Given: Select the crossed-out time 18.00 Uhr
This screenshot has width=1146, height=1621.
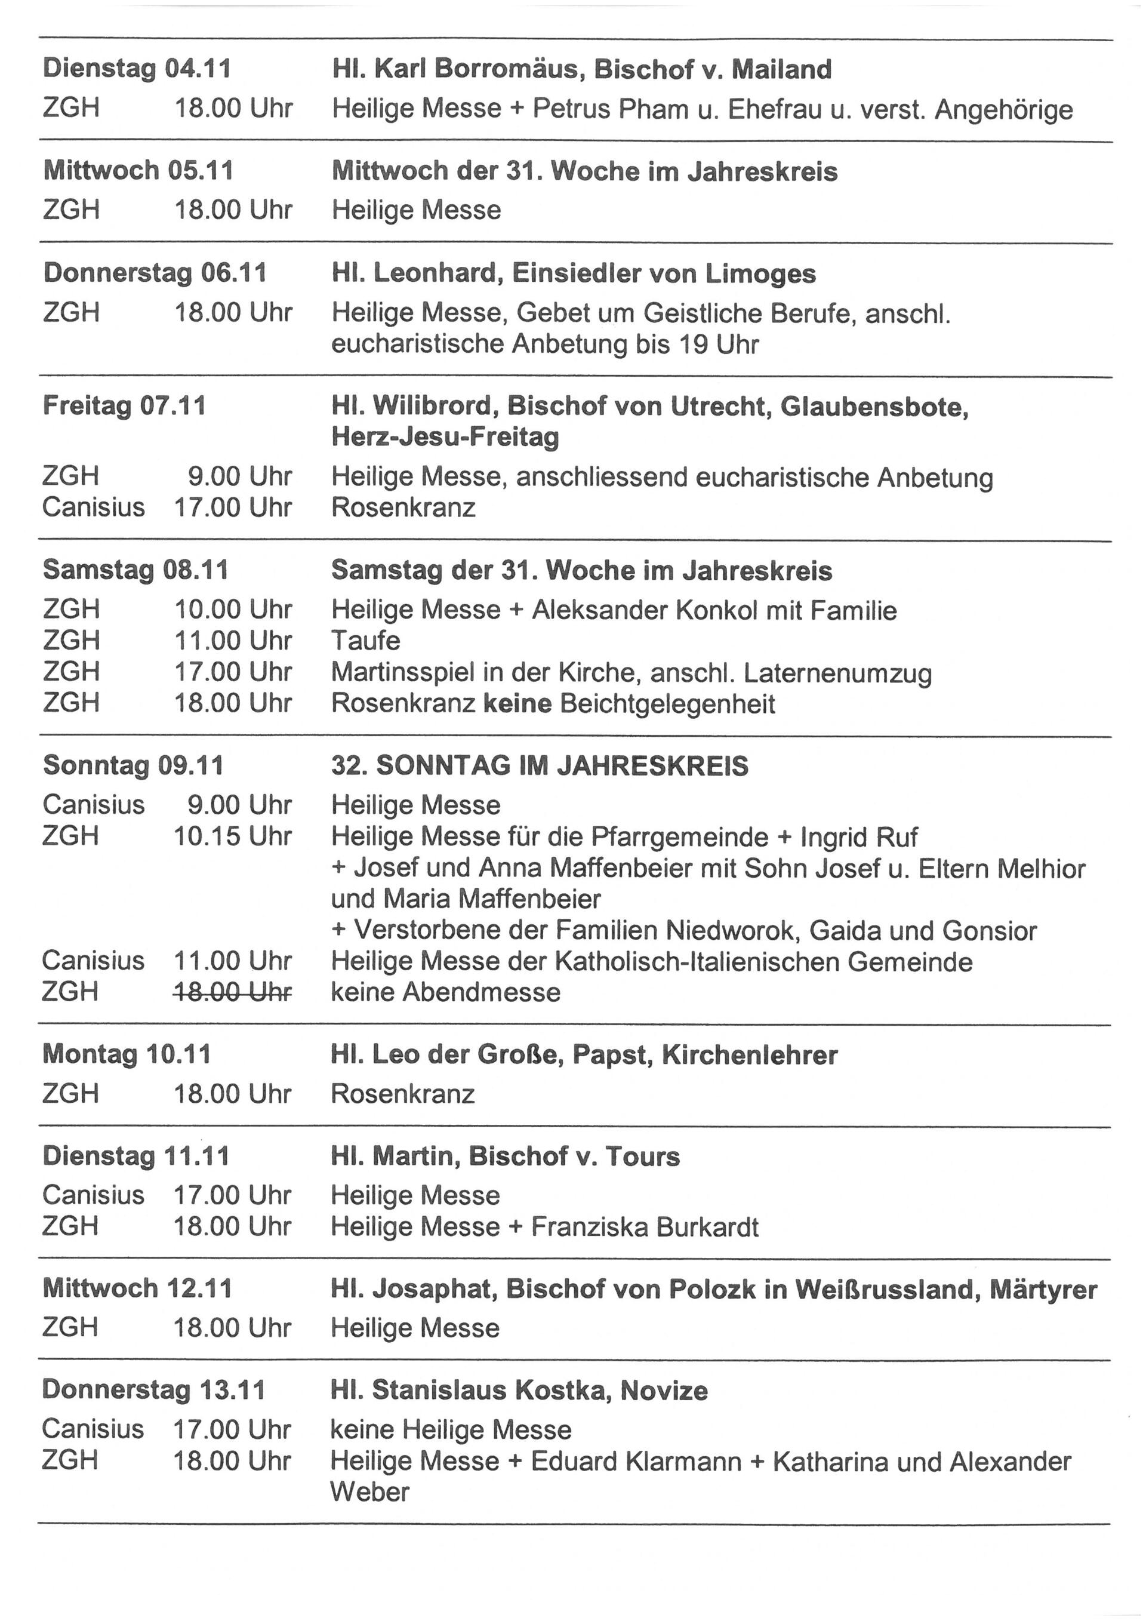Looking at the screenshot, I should pyautogui.click(x=233, y=992).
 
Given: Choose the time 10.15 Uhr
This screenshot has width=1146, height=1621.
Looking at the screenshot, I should pyautogui.click(x=233, y=836).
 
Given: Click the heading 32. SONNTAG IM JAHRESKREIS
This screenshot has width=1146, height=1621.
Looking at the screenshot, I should pyautogui.click(x=540, y=766).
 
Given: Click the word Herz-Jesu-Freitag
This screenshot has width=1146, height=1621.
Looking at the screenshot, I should pyautogui.click(x=445, y=438).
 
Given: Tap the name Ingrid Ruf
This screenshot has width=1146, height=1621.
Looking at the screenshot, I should pyautogui.click(x=859, y=837).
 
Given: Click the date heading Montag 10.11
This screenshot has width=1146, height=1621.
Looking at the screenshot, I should pyautogui.click(x=127, y=1055).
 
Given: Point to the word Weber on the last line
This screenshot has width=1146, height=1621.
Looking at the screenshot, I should pyautogui.click(x=370, y=1493).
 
